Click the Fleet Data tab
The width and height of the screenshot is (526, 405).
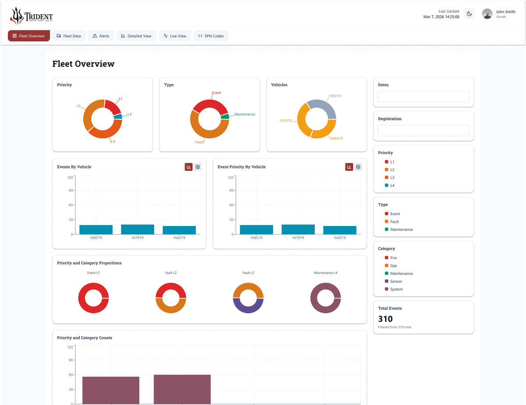pos(69,36)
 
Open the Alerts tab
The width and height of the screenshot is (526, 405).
pos(101,36)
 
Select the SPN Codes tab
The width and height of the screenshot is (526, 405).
pos(211,36)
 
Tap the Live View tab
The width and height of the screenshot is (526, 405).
pos(175,36)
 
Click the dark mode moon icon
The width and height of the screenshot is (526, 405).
pos(469,14)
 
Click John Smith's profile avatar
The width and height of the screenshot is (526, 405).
pos(487,14)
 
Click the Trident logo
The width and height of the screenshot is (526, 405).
pos(31,16)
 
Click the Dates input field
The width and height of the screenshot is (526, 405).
pos(423,97)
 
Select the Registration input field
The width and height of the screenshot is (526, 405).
pos(423,130)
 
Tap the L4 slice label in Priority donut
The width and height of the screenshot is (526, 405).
pos(129,114)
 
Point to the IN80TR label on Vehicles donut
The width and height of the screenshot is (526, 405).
pos(334,96)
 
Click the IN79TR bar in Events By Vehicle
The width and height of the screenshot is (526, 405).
pos(138,229)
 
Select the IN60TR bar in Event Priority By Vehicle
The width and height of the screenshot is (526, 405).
pos(340,230)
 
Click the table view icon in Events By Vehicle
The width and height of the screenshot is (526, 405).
pos(198,167)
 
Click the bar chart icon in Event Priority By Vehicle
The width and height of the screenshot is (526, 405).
pos(349,167)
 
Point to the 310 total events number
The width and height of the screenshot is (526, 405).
pos(385,319)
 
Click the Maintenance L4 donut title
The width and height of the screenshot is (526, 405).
pos(325,273)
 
